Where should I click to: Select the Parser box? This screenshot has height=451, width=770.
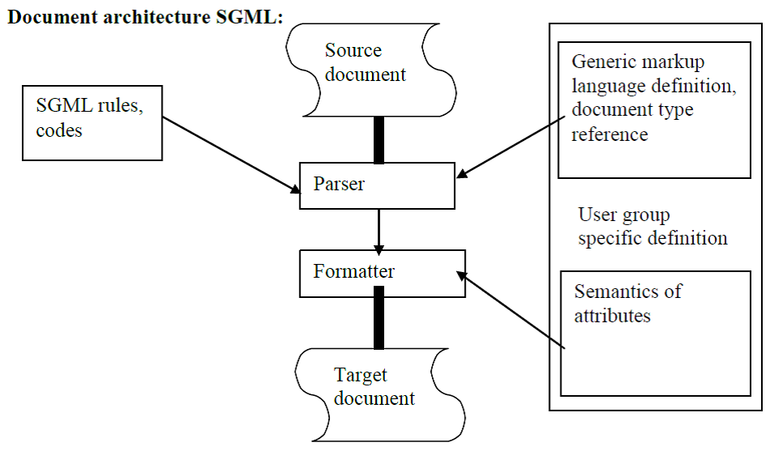377,185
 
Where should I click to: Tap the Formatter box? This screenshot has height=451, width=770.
382,273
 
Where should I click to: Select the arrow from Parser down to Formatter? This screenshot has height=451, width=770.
378,230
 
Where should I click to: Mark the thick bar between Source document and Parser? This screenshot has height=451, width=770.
378,140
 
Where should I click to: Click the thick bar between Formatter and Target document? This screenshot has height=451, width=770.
378,323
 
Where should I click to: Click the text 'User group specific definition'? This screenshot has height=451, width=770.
652,227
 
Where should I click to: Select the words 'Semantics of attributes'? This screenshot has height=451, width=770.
628,303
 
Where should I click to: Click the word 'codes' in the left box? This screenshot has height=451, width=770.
59,130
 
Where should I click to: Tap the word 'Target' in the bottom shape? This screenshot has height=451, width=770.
361,376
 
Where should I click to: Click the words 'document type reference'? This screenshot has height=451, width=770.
632,121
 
